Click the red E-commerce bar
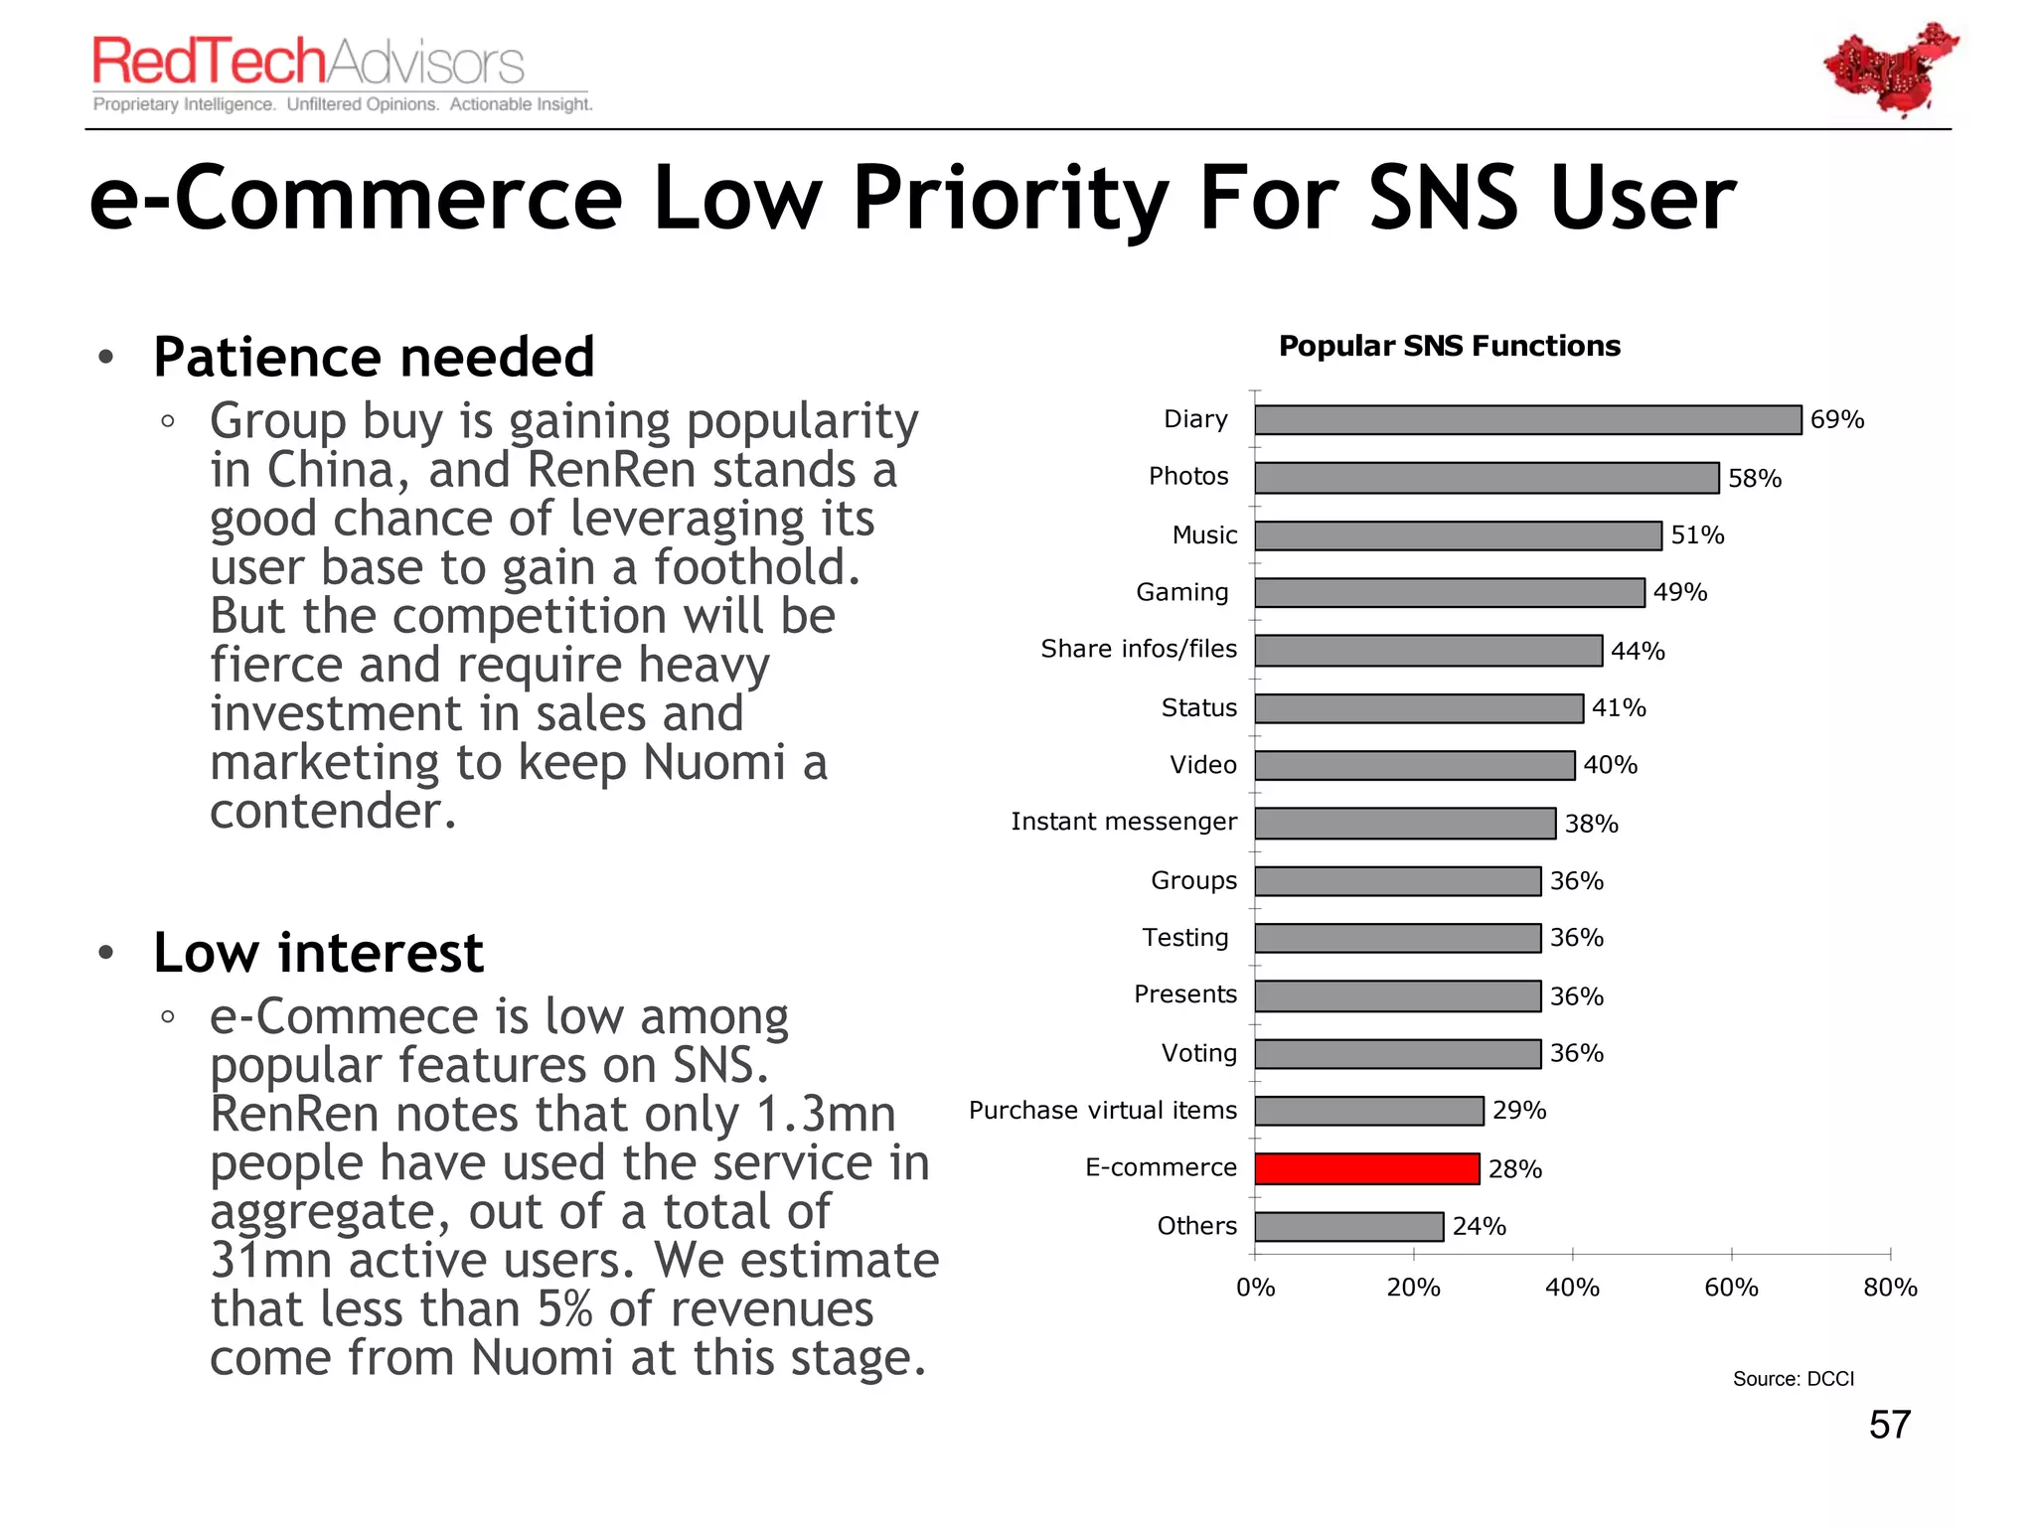(1366, 1168)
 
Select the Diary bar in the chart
(1527, 419)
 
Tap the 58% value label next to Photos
(1754, 479)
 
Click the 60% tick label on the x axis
(1731, 1288)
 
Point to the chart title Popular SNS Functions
(1449, 346)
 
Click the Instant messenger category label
(1123, 822)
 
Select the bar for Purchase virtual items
(1368, 1111)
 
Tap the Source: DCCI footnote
(1793, 1379)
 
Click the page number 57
(1889, 1425)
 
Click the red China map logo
(1890, 70)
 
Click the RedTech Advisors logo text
(308, 62)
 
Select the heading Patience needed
(374, 358)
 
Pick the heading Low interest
(318, 954)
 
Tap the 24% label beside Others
(1479, 1227)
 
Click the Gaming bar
(1449, 593)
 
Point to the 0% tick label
(1255, 1288)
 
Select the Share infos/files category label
(1138, 649)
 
